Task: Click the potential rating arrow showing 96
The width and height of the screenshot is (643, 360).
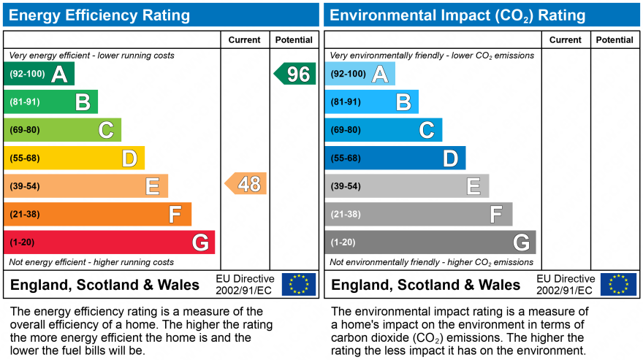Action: (x=295, y=74)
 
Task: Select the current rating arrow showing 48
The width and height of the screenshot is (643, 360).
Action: (x=246, y=184)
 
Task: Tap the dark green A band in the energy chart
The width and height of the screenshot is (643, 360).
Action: (x=39, y=74)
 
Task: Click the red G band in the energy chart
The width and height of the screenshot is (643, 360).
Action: (x=110, y=242)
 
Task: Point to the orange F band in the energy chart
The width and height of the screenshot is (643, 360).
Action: (x=98, y=214)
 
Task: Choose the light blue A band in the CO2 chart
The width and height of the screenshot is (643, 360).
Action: (x=359, y=74)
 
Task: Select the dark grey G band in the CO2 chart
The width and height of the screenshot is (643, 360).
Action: (x=430, y=242)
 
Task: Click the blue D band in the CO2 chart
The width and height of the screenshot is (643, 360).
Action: (x=395, y=158)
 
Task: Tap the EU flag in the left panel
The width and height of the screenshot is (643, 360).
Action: (x=299, y=284)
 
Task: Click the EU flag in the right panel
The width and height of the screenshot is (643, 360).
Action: (x=618, y=284)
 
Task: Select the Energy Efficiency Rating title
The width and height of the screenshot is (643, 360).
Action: (x=99, y=15)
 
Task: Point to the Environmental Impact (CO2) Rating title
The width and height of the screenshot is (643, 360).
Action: (x=458, y=15)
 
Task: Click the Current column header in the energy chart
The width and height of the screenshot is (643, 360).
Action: (x=244, y=40)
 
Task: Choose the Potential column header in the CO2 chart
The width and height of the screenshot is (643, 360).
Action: (x=615, y=40)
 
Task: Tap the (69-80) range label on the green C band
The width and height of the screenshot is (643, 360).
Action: (x=24, y=130)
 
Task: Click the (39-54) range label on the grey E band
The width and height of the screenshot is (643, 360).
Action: (x=345, y=186)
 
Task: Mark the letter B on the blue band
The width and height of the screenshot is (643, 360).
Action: (x=403, y=102)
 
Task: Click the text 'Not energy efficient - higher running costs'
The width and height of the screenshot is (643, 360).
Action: (x=91, y=262)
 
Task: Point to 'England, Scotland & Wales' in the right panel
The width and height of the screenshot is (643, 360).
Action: (x=426, y=285)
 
